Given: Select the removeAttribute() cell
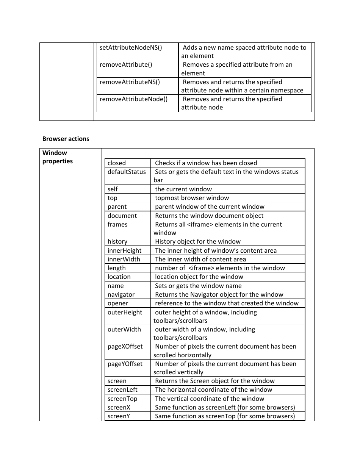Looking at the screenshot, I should (126, 65).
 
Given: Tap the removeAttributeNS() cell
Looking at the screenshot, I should (130, 82).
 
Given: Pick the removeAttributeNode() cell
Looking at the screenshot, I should (133, 99).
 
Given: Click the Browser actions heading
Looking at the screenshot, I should (66, 139).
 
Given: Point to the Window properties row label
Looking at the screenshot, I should (58, 157).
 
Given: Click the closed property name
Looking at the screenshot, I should (117, 163).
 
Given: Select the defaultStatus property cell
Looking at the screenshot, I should (127, 172).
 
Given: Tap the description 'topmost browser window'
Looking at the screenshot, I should (192, 198).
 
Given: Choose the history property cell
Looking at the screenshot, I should (117, 242).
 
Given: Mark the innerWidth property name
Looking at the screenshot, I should (124, 260).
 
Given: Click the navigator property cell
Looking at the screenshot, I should (121, 295).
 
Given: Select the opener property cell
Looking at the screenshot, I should (118, 303).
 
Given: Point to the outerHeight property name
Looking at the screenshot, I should (125, 313).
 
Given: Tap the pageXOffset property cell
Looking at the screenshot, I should (125, 347).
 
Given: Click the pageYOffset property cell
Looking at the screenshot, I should (125, 364).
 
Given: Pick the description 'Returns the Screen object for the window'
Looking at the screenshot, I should (214, 381).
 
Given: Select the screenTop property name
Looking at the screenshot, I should (122, 399).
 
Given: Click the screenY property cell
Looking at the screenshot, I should (119, 416).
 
